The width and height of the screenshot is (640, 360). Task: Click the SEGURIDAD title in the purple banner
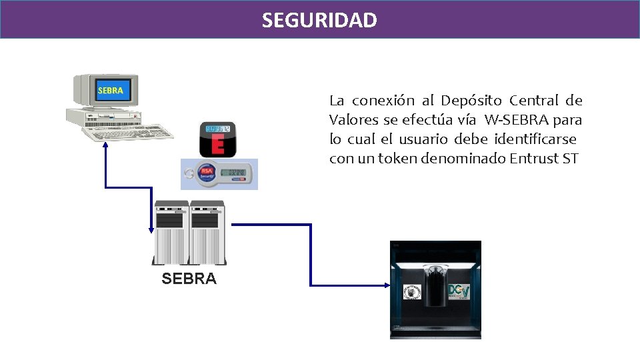coord(319,21)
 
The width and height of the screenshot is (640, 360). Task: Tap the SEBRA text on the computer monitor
coord(110,90)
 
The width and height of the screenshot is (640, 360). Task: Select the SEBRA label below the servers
coord(189,279)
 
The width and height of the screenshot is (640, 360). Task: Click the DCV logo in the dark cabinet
coord(460,292)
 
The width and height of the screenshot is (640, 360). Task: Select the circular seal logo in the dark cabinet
coord(413,293)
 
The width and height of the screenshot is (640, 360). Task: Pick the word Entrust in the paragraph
coord(535,159)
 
